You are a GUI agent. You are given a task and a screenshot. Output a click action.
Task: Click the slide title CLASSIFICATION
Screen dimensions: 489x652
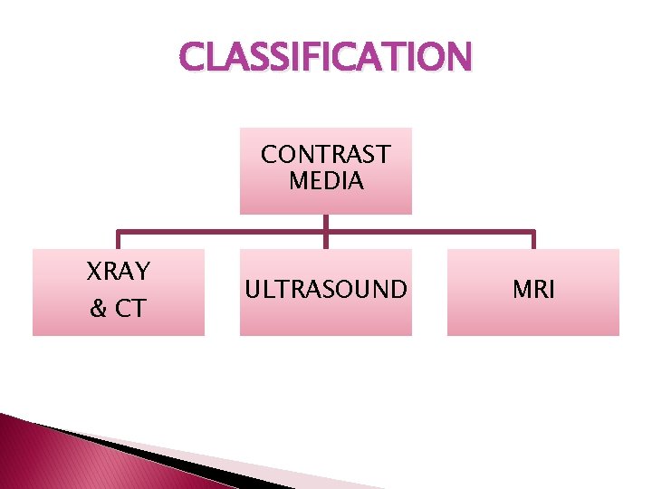tap(325, 58)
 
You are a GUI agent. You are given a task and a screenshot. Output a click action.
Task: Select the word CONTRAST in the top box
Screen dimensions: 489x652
tap(325, 155)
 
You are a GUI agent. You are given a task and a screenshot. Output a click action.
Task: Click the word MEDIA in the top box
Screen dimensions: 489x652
tap(326, 181)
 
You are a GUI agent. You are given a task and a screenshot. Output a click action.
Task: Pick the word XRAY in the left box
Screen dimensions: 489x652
tap(118, 271)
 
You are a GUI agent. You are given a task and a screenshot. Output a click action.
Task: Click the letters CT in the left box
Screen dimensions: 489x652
tap(129, 309)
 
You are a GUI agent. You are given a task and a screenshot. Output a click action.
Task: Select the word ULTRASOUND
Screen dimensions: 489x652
tap(325, 290)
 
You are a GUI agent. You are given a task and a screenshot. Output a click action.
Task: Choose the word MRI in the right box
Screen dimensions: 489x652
tap(533, 290)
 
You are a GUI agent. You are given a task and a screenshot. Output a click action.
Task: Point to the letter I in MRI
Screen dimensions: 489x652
tap(552, 290)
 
